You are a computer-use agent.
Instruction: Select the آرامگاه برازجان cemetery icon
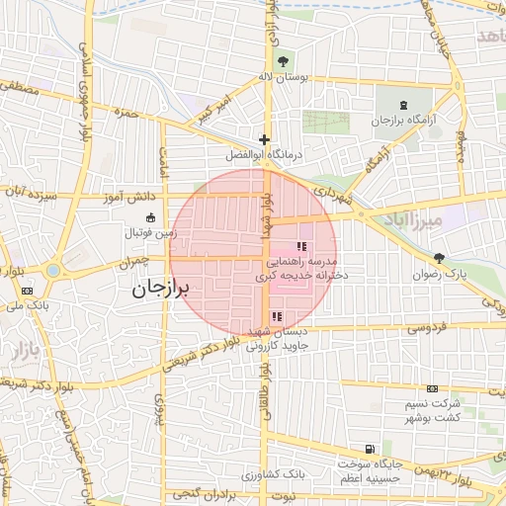click(x=403, y=105)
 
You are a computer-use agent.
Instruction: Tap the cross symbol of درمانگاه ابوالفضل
click(x=264, y=139)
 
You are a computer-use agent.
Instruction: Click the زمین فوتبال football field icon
click(x=150, y=218)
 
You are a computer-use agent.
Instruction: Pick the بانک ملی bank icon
click(x=27, y=291)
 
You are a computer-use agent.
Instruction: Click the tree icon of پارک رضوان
click(x=453, y=257)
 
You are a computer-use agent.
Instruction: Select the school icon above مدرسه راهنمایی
click(x=300, y=246)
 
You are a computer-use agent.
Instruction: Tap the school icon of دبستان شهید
click(x=276, y=317)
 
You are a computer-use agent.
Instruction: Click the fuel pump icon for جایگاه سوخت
click(x=370, y=449)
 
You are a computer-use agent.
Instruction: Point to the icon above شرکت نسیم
click(x=432, y=389)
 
